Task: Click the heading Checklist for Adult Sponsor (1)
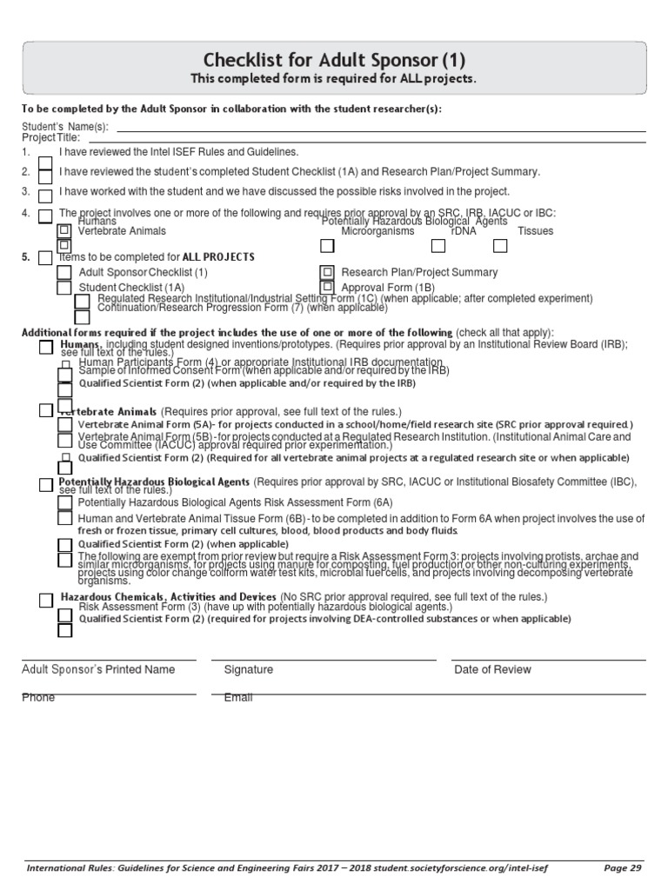pyautogui.click(x=334, y=60)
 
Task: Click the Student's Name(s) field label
pyautogui.click(x=64, y=127)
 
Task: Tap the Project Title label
pyautogui.click(x=50, y=137)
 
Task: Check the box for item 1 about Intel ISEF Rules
pyautogui.click(x=45, y=154)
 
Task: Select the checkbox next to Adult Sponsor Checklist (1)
pyautogui.click(x=64, y=273)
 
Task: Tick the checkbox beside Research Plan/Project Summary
pyautogui.click(x=327, y=272)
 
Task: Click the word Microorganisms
pyautogui.click(x=377, y=232)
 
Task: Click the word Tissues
pyautogui.click(x=535, y=232)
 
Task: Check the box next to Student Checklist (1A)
pyautogui.click(x=64, y=288)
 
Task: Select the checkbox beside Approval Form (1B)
pyautogui.click(x=327, y=287)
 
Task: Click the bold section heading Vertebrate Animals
pyautogui.click(x=108, y=411)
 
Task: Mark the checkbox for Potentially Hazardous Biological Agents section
pyautogui.click(x=45, y=483)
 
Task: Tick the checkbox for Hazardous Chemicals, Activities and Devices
pyautogui.click(x=45, y=599)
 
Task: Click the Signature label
pyautogui.click(x=249, y=670)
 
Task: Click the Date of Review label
pyautogui.click(x=492, y=670)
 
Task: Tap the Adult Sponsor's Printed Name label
pyautogui.click(x=97, y=670)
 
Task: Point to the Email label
pyautogui.click(x=238, y=698)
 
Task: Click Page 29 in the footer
pyautogui.click(x=623, y=867)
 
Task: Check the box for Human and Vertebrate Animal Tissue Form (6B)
pyautogui.click(x=64, y=518)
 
